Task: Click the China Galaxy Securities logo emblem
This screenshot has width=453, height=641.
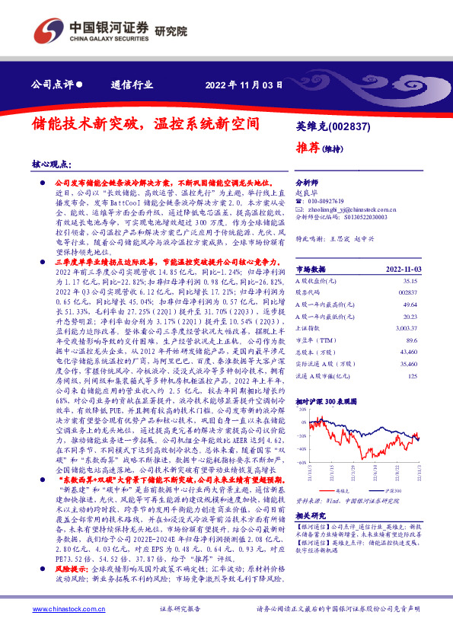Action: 48,28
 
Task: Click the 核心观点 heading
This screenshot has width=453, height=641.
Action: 51,164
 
